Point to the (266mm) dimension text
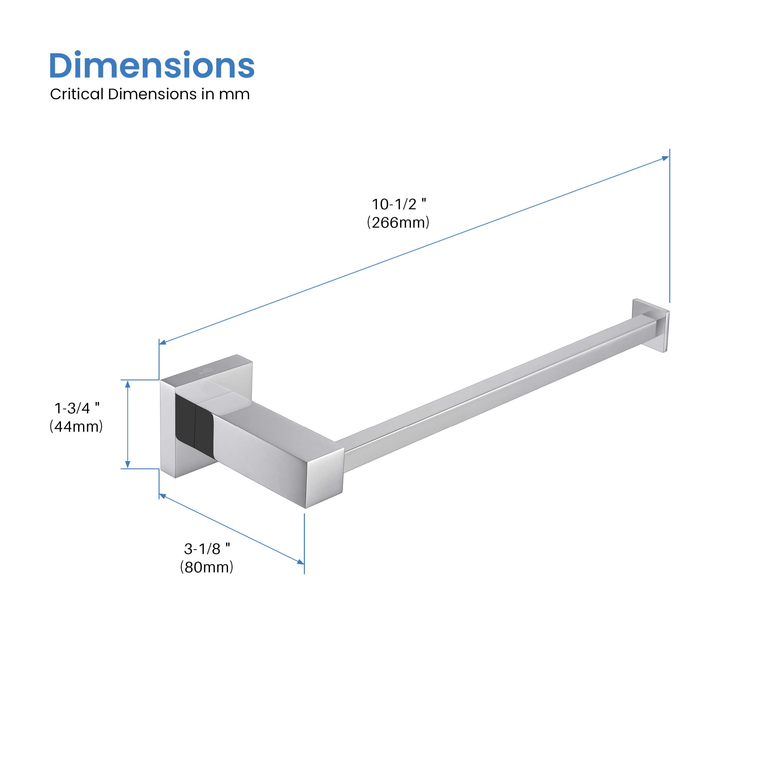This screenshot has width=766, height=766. pyautogui.click(x=398, y=222)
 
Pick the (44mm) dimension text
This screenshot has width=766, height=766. pyautogui.click(x=76, y=426)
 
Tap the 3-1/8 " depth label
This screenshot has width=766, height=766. pyautogui.click(x=207, y=549)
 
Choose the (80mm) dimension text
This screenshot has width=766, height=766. pyautogui.click(x=207, y=567)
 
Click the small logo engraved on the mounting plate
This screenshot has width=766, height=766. pyautogui.click(x=206, y=371)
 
